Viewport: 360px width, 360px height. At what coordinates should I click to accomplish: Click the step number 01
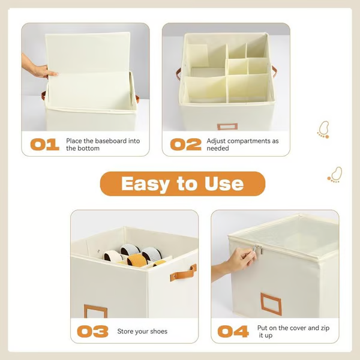click(44, 145)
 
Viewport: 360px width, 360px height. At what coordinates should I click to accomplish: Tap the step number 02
click(185, 145)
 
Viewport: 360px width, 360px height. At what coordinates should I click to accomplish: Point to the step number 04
click(233, 331)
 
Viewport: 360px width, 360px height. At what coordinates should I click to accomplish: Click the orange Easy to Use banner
click(182, 184)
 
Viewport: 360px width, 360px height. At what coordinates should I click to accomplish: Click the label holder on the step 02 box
click(227, 127)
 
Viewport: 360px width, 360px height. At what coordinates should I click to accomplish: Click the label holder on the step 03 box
click(96, 312)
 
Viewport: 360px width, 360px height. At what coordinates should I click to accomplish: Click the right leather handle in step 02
click(274, 71)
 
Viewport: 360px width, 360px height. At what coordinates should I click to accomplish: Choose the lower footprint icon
click(335, 175)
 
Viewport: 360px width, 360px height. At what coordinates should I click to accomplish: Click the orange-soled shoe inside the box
click(139, 260)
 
